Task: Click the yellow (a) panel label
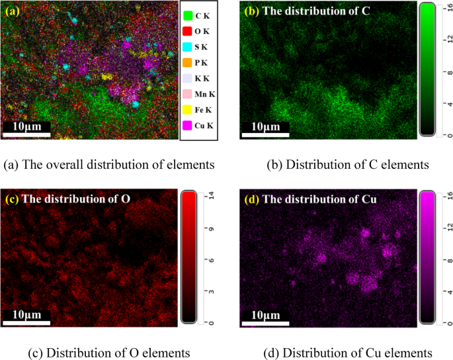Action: point(13,10)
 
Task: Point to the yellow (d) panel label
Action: point(249,199)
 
